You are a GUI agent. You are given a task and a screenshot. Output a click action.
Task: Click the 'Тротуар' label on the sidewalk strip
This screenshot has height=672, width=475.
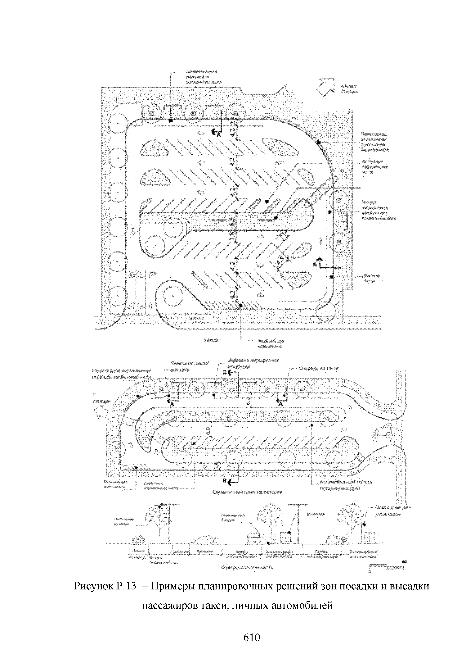click(195, 318)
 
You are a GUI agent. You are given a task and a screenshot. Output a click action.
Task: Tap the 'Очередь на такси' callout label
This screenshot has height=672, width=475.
click(319, 368)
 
